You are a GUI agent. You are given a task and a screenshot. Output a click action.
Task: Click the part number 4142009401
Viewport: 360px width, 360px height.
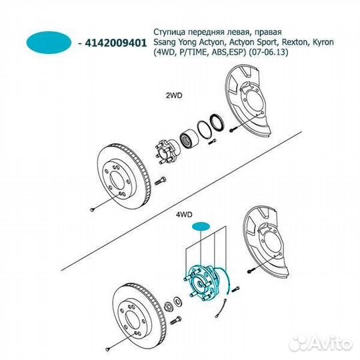116,43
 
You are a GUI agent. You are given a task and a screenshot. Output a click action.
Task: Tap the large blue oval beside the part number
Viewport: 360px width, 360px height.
49,43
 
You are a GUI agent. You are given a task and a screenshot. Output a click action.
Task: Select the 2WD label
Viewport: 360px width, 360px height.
174,95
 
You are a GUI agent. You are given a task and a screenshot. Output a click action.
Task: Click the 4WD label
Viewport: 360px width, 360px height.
184,215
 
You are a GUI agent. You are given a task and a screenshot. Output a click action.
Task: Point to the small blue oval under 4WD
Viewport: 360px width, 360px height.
201,227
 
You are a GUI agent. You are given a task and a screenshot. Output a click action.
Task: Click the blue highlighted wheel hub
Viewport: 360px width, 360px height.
202,283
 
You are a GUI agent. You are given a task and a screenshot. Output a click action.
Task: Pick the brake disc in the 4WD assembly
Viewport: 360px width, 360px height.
139,316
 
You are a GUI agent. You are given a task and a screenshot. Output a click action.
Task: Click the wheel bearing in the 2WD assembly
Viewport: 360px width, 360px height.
188,139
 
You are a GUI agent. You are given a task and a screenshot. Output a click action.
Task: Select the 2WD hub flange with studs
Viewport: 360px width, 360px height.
167,151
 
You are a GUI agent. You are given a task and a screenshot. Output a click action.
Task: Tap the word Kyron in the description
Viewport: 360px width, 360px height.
322,43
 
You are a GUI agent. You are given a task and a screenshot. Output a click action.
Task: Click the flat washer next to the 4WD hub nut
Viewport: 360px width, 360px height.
177,302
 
